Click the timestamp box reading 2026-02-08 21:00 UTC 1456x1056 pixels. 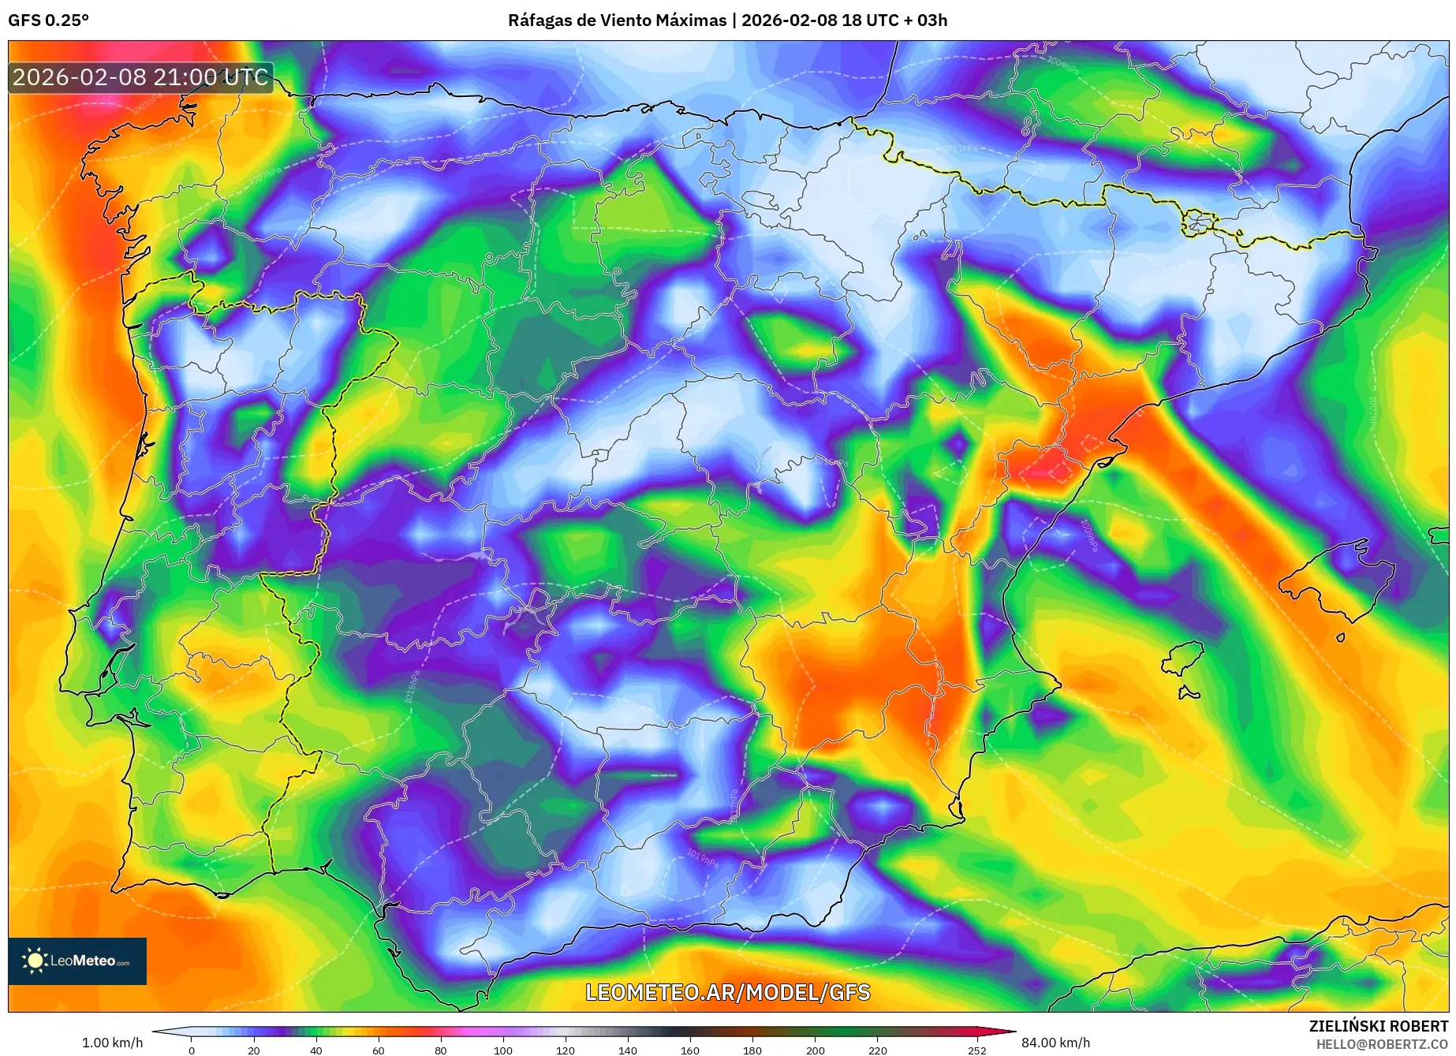[140, 77]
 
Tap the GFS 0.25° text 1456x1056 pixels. [48, 21]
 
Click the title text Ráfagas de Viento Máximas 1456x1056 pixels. [617, 21]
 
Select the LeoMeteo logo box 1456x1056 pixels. [77, 961]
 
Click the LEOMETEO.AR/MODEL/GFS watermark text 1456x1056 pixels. [727, 992]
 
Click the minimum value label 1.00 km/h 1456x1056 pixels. [112, 1043]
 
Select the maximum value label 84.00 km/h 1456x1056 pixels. [1055, 1043]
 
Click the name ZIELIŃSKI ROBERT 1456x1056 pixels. [1379, 1026]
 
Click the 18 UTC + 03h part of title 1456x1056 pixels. [894, 21]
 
